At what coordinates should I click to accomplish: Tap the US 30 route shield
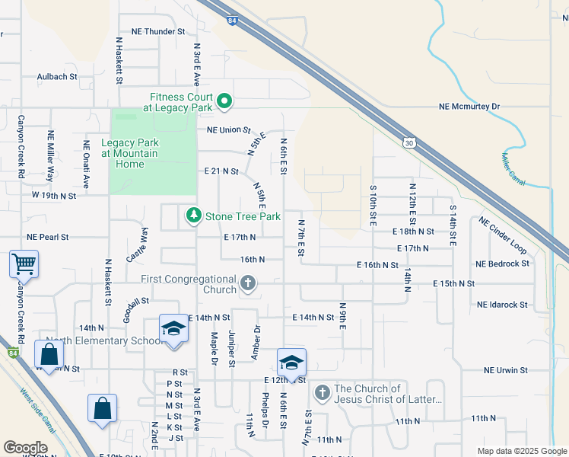(410, 142)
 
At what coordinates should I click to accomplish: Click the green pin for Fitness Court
(224, 101)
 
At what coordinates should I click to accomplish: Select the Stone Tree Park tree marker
(194, 216)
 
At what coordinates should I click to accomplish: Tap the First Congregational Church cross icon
(247, 284)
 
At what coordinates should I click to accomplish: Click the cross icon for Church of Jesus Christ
(322, 394)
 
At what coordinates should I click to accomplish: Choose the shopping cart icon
(24, 264)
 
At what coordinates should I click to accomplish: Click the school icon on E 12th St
(291, 363)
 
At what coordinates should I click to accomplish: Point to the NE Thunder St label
(158, 32)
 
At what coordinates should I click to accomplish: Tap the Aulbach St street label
(57, 77)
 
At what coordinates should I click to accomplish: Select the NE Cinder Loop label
(503, 235)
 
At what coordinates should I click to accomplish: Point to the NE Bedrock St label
(501, 264)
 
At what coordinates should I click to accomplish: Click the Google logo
(26, 448)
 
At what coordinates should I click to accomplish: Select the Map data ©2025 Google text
(521, 451)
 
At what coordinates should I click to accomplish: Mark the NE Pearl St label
(58, 238)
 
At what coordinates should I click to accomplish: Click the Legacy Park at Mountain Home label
(129, 153)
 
